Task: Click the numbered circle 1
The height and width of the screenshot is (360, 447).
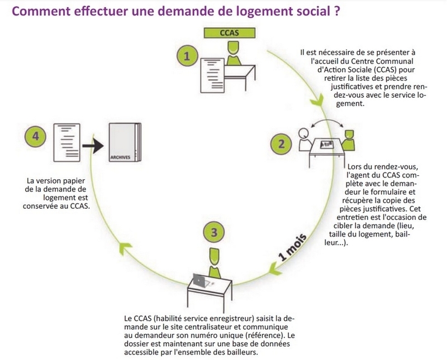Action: [187, 56]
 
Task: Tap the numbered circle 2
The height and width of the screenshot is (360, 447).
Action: [281, 144]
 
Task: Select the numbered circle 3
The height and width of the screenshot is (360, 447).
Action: [214, 232]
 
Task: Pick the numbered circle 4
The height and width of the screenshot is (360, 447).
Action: [35, 136]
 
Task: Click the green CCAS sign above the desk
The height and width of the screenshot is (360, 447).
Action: [230, 33]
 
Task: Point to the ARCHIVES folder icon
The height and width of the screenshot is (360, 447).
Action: [125, 142]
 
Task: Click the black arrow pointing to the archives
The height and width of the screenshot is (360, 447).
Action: [93, 146]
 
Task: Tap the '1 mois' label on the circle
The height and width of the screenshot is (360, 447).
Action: [292, 247]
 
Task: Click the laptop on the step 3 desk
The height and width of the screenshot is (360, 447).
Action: [199, 280]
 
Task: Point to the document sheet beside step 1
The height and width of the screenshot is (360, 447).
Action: [212, 75]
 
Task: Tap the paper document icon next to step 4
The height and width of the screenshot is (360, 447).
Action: [67, 142]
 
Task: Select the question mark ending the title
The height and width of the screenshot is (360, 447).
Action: [336, 11]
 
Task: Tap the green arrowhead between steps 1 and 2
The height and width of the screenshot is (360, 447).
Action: [317, 100]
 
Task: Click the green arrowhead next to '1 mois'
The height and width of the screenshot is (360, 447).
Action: [275, 269]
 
